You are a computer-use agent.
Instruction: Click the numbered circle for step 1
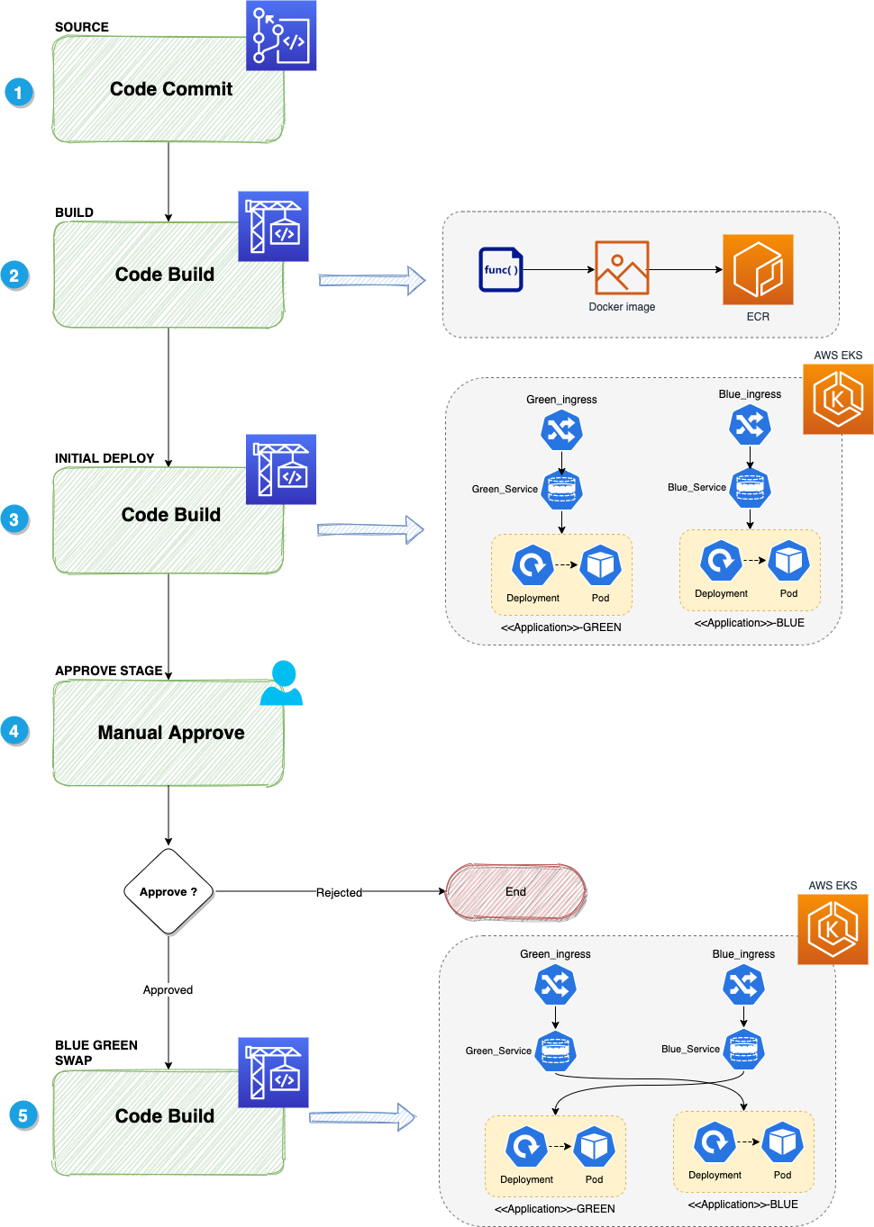pos(19,92)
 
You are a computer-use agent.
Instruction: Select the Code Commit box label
pos(170,89)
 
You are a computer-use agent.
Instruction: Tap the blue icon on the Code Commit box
pos(281,36)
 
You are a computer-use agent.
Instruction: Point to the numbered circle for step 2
pos(14,275)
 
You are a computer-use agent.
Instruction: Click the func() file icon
pos(500,269)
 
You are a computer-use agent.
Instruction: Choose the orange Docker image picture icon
pos(622,267)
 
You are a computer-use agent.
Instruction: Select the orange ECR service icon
pos(758,270)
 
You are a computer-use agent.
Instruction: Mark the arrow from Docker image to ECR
pos(686,269)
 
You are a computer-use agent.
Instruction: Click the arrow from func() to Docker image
pos(559,269)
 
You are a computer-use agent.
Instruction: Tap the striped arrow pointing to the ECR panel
pos(371,281)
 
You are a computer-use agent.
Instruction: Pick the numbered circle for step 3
pos(14,519)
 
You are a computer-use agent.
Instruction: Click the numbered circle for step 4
pos(14,730)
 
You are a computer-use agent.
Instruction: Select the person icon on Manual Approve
pos(282,683)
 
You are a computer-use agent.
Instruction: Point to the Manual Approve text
pos(170,733)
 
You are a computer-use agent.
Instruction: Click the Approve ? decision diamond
pos(168,891)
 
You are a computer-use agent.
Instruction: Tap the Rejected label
pos(339,892)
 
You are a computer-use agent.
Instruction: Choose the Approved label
pos(168,989)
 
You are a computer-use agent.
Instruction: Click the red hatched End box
pos(515,891)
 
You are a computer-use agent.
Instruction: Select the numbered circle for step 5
pos(23,1115)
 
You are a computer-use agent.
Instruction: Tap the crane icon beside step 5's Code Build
pos(273,1072)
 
